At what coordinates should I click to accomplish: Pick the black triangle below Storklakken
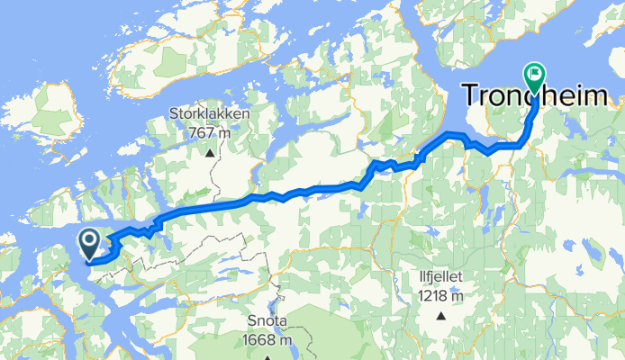click(210, 152)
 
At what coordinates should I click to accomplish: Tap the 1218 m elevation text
click(440, 295)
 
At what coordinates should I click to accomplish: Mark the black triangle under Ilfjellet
click(441, 316)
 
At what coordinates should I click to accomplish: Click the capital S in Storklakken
click(176, 115)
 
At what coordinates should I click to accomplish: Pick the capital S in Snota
click(252, 323)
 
